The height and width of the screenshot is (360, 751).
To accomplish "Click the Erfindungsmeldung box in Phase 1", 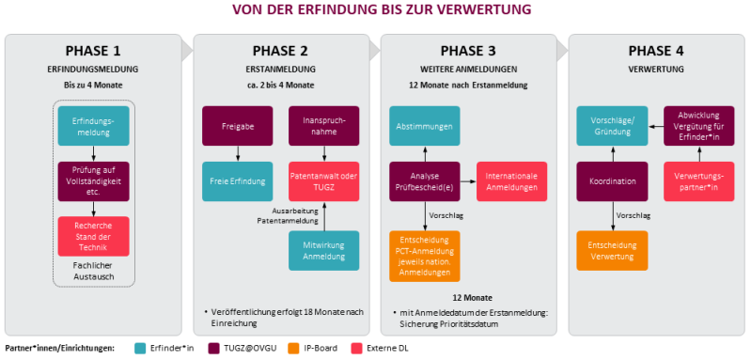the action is tap(93, 125).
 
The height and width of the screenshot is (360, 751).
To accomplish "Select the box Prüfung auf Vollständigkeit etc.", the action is tap(93, 180).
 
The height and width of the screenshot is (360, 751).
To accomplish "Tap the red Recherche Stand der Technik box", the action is tap(93, 234).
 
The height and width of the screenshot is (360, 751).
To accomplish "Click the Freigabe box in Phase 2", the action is tap(235, 125).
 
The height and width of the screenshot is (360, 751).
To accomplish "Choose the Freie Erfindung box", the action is tap(235, 180).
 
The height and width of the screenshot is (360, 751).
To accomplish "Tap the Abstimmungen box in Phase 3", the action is tap(425, 125).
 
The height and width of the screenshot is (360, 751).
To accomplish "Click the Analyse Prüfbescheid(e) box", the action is tap(425, 180).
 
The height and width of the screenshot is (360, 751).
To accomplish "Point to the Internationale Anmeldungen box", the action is tap(512, 180).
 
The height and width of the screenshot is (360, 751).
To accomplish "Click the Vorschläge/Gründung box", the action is tap(612, 125).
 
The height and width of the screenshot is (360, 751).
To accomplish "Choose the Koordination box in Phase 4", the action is tap(612, 180).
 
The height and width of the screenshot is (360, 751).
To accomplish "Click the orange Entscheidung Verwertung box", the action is tap(612, 249).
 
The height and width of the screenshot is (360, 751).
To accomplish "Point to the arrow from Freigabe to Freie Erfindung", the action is tap(235, 153).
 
